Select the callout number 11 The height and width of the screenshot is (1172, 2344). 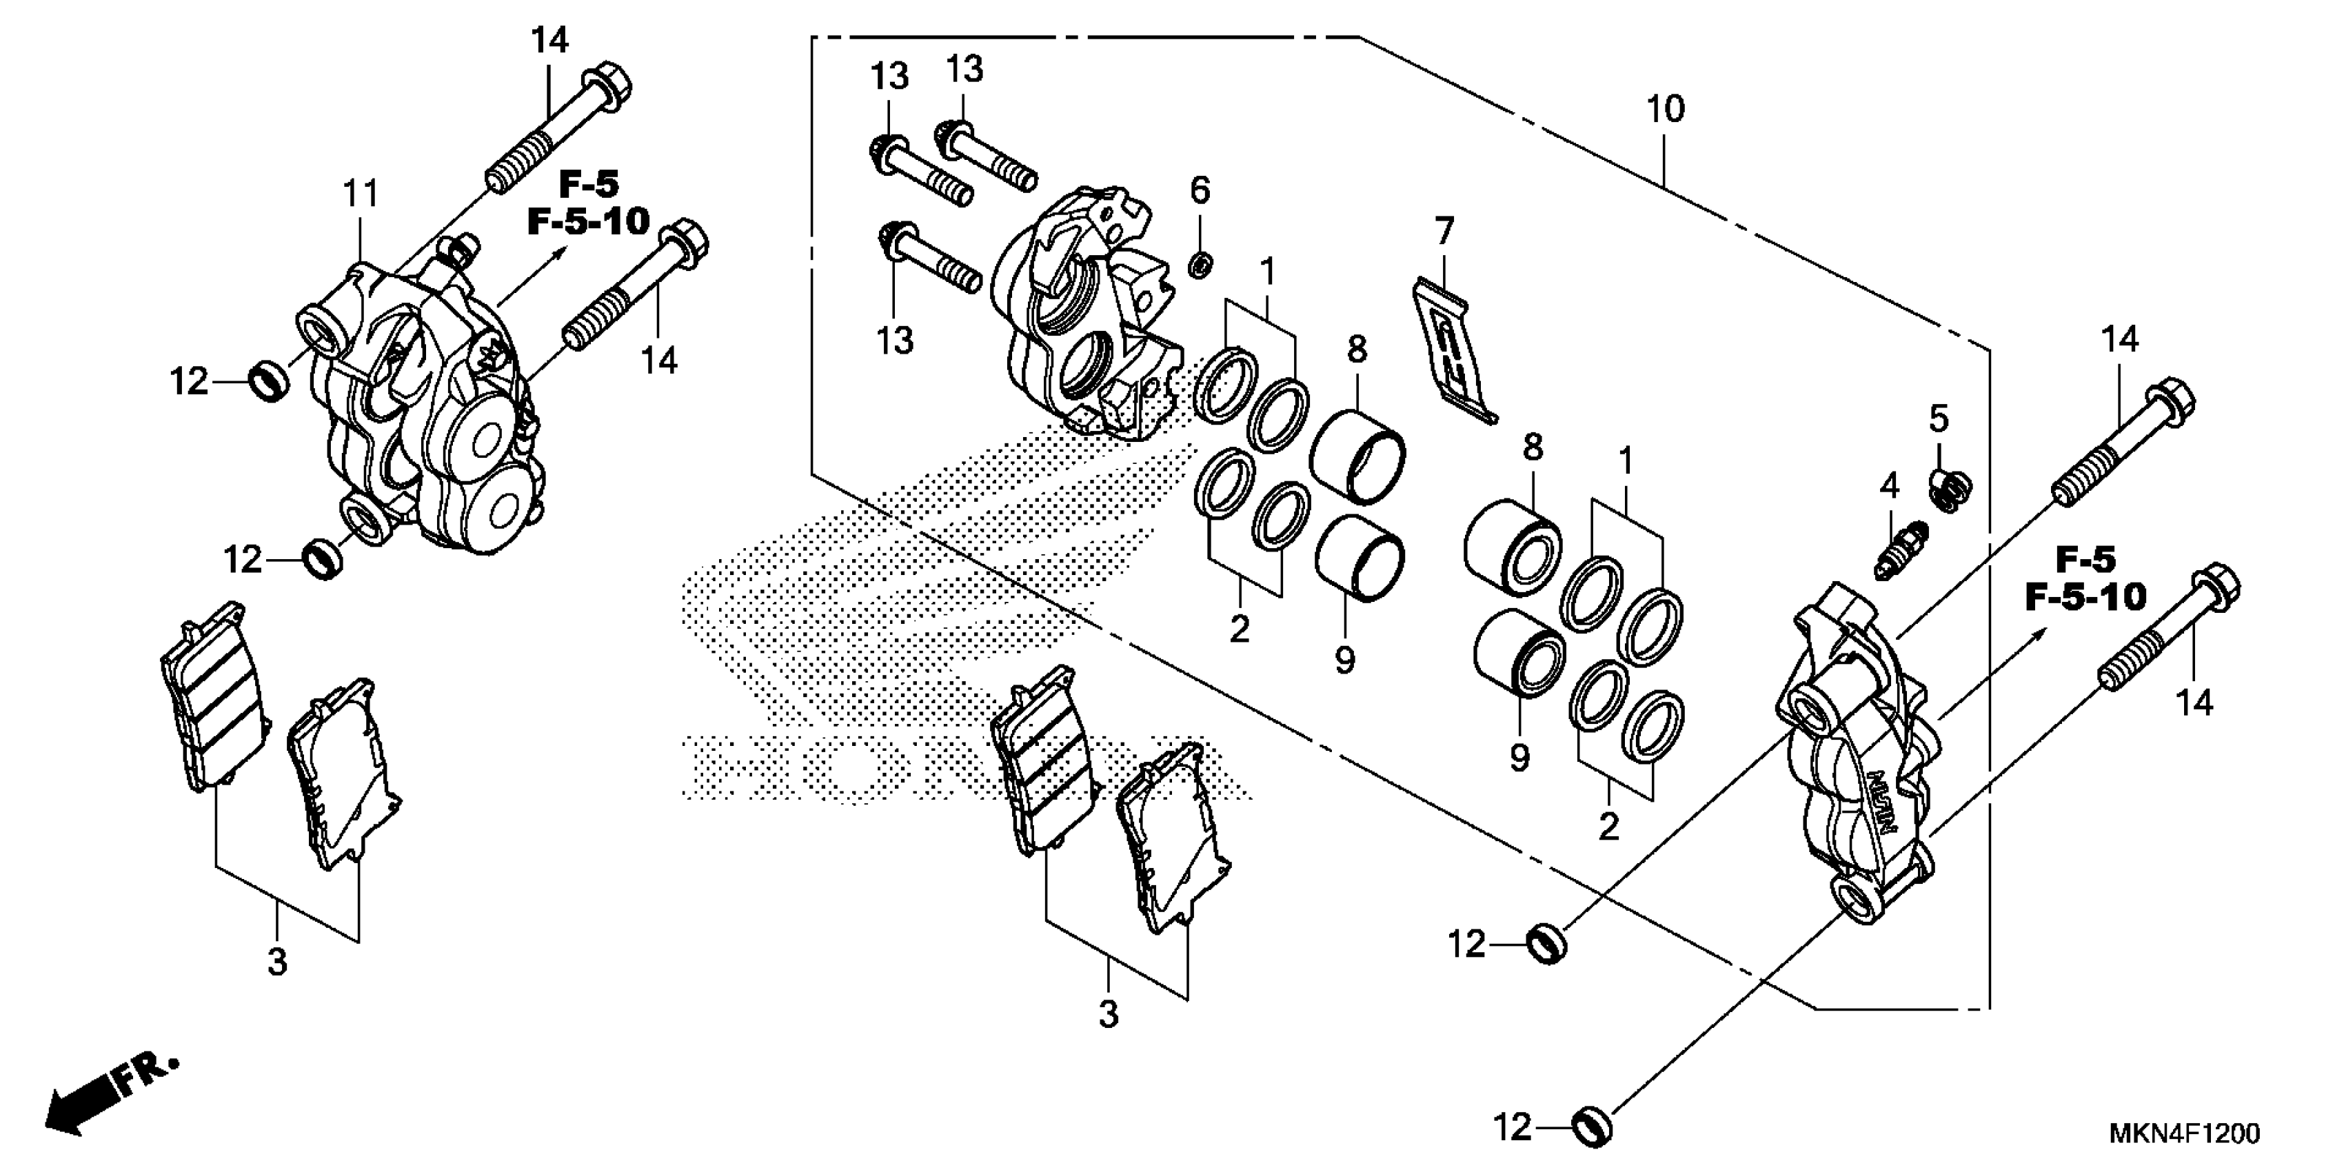click(x=361, y=194)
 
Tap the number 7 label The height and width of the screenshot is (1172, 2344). click(x=1444, y=231)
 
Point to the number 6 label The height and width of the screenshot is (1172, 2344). click(x=1200, y=191)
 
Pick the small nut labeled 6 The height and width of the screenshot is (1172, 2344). click(x=1201, y=265)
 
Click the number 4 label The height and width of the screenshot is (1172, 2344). click(x=1890, y=487)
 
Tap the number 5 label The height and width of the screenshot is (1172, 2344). click(x=1939, y=419)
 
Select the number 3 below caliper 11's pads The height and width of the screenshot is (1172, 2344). click(x=278, y=962)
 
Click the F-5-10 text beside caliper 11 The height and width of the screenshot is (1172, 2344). click(x=589, y=221)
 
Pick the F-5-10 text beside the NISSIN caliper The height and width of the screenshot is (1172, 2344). click(x=2085, y=597)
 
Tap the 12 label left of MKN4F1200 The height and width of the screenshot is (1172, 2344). click(x=1513, y=1129)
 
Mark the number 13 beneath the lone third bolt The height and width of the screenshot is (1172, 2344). click(x=896, y=341)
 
